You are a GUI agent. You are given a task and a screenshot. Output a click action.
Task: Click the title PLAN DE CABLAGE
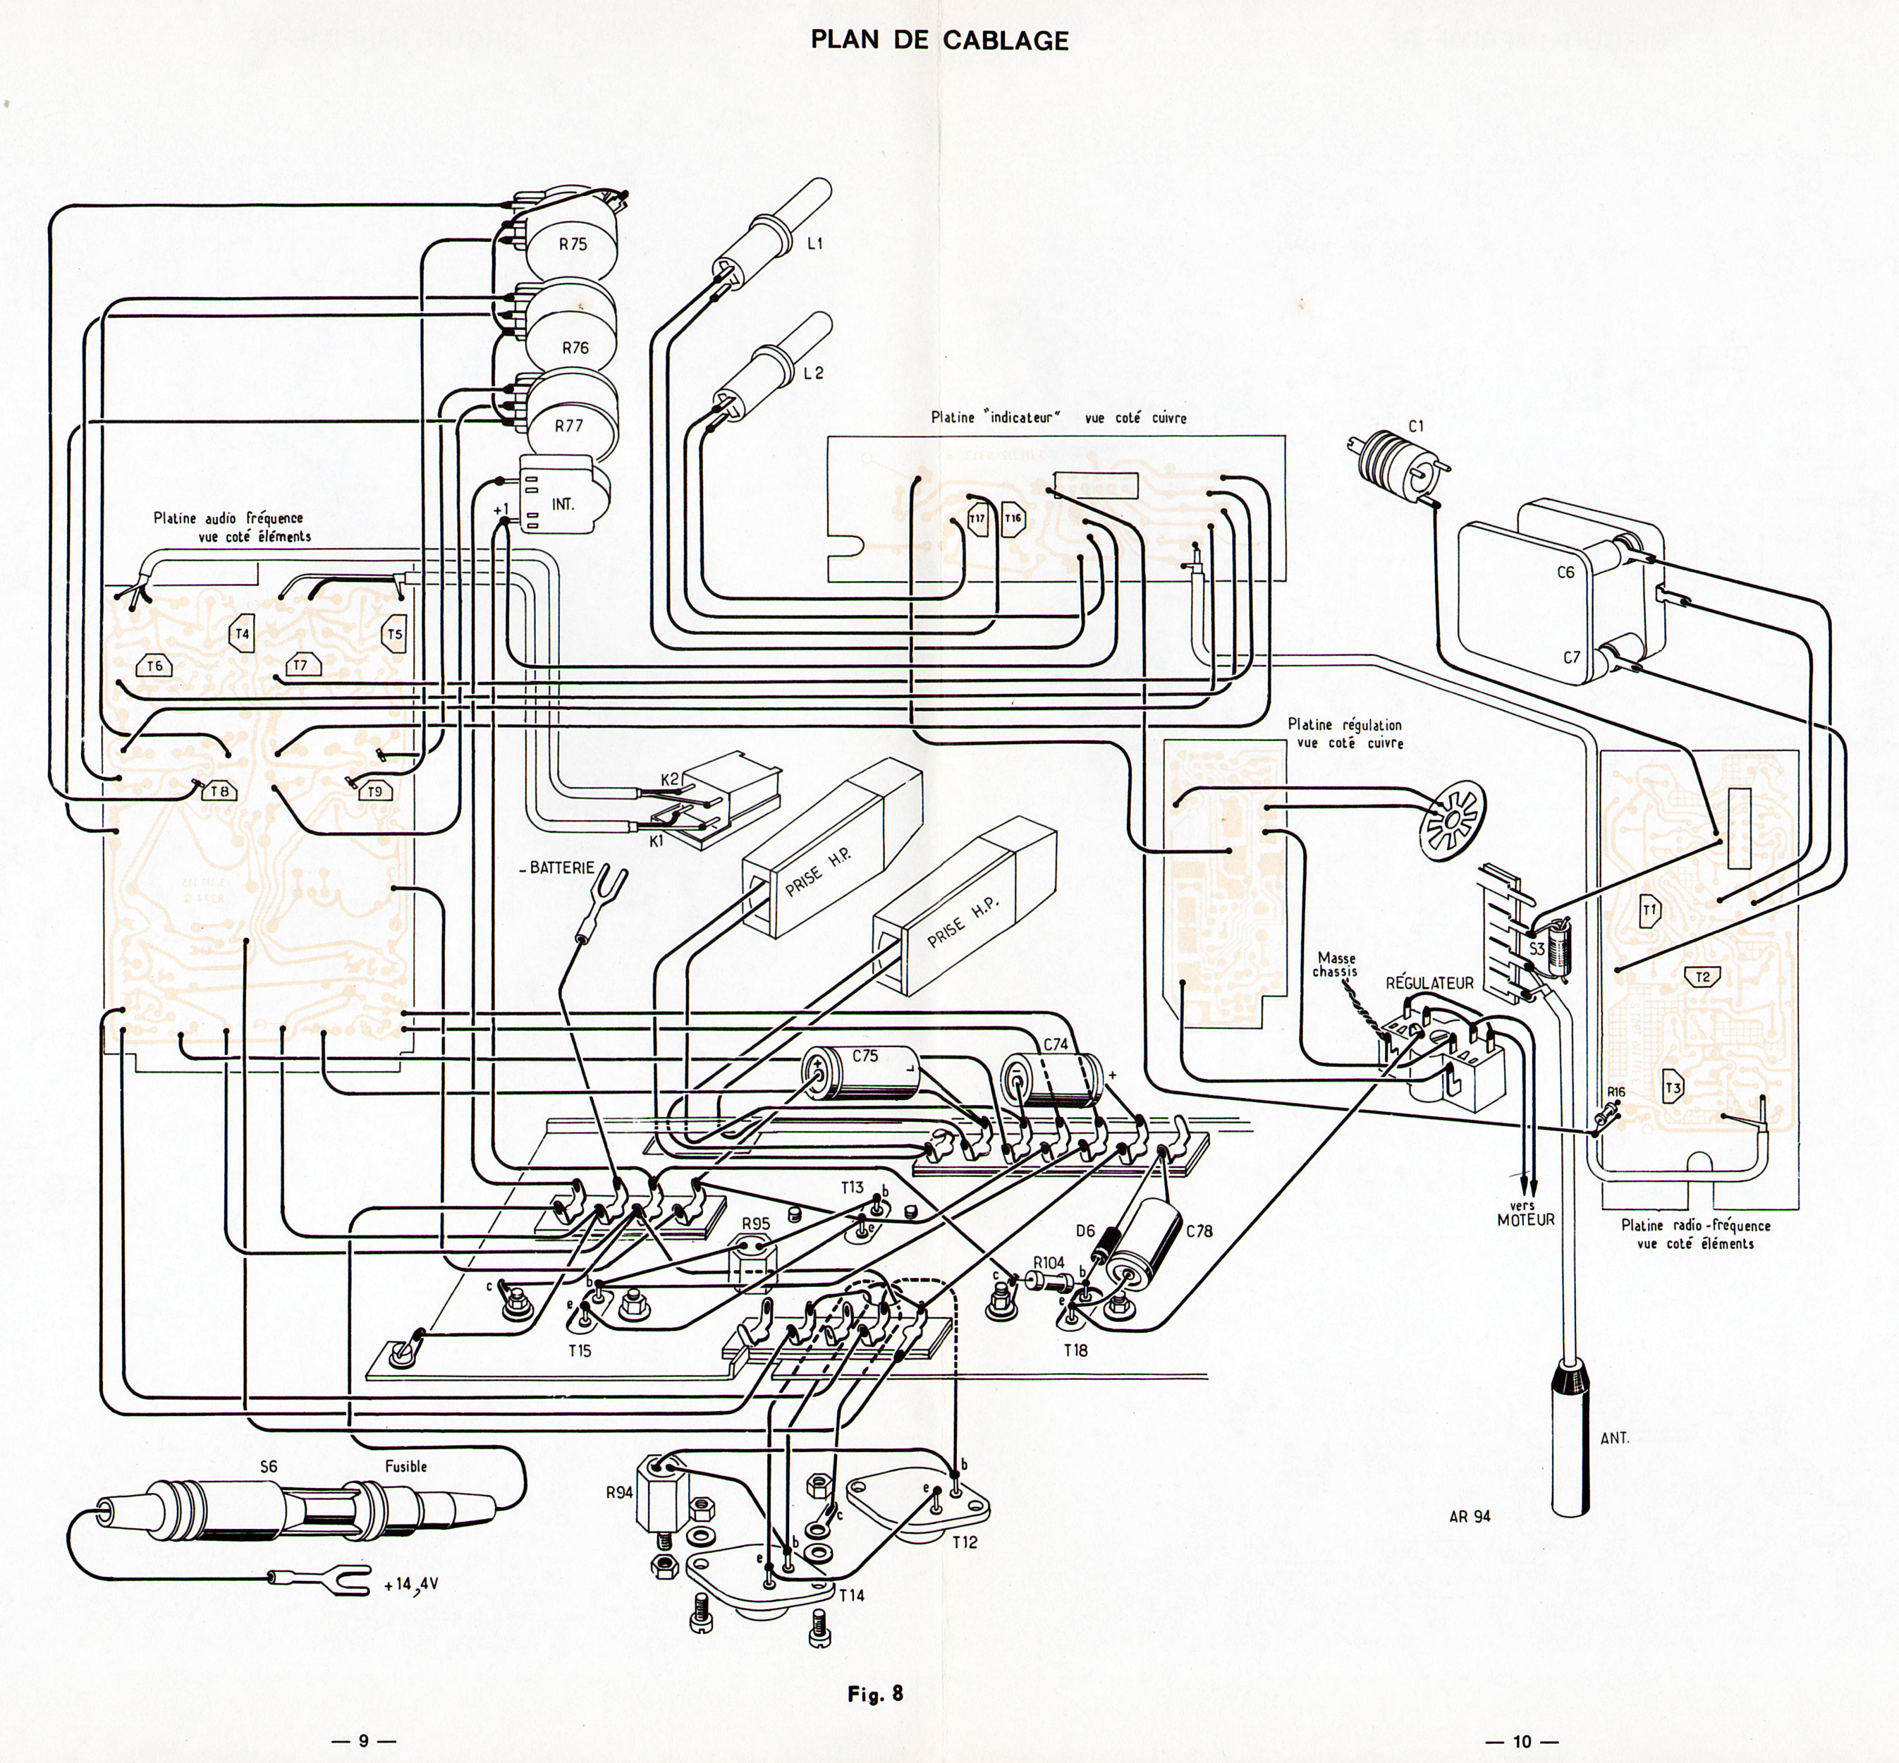939,40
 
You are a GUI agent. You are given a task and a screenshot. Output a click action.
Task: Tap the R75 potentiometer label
573,244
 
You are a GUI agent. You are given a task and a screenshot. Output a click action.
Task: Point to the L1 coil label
814,244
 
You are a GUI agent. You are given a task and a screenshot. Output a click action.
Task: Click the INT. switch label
563,503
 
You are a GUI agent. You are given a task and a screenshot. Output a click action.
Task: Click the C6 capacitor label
1565,573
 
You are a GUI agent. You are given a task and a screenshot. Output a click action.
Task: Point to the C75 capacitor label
865,1055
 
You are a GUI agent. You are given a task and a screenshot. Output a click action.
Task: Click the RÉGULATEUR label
1429,982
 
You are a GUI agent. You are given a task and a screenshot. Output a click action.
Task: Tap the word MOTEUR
1526,1219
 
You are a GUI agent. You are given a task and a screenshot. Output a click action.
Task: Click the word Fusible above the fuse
405,1466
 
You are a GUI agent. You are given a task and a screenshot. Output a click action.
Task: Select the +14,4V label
411,1585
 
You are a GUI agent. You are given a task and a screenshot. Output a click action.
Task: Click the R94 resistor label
619,1493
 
